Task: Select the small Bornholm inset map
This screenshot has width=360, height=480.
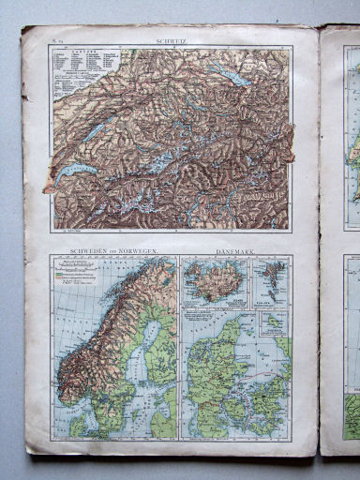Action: [274, 322]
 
